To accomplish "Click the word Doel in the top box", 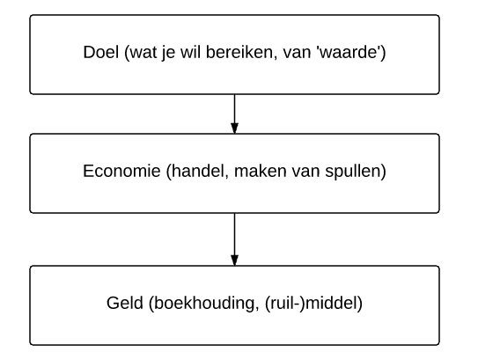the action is (101, 52).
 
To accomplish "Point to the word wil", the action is (189, 52).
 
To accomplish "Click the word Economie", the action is (121, 171).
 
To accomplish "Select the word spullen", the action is (352, 172).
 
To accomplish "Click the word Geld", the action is (125, 303).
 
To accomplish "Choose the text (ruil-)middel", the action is (313, 304).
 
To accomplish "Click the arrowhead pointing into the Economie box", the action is (234, 129).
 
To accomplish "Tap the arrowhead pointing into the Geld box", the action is (234, 261).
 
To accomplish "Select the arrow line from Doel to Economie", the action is (234, 114).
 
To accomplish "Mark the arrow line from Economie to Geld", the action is (234, 239).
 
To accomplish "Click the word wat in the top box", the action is (143, 52).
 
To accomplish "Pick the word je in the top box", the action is (169, 53).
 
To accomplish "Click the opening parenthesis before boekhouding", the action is (151, 304).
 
